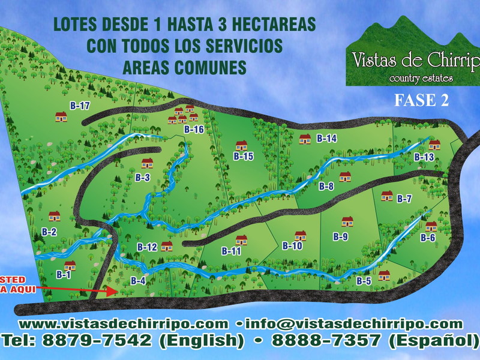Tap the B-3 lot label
click(142, 178)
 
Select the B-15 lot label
click(244, 157)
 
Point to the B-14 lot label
click(327, 139)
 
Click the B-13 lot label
click(424, 157)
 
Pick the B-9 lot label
click(340, 237)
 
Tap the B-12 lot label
click(147, 247)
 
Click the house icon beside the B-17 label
click(61, 116)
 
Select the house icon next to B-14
click(305, 139)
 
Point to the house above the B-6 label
click(431, 226)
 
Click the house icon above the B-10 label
click(300, 235)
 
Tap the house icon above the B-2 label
click(55, 216)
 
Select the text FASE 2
click(421, 100)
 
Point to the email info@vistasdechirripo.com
click(354, 324)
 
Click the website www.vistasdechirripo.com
click(123, 324)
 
